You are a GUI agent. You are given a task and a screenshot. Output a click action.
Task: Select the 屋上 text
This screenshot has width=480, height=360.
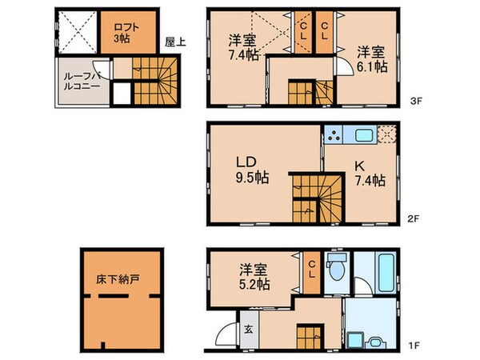pos(176,42)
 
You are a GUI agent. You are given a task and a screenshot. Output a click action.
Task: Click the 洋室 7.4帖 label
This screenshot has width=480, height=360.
pos(242,49)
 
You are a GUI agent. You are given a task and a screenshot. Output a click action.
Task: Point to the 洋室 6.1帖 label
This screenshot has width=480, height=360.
pos(371,61)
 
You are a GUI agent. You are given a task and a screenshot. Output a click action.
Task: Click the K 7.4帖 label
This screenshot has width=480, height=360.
pos(370,174)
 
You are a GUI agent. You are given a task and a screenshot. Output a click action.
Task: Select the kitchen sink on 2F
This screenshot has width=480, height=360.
pos(362,135)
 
